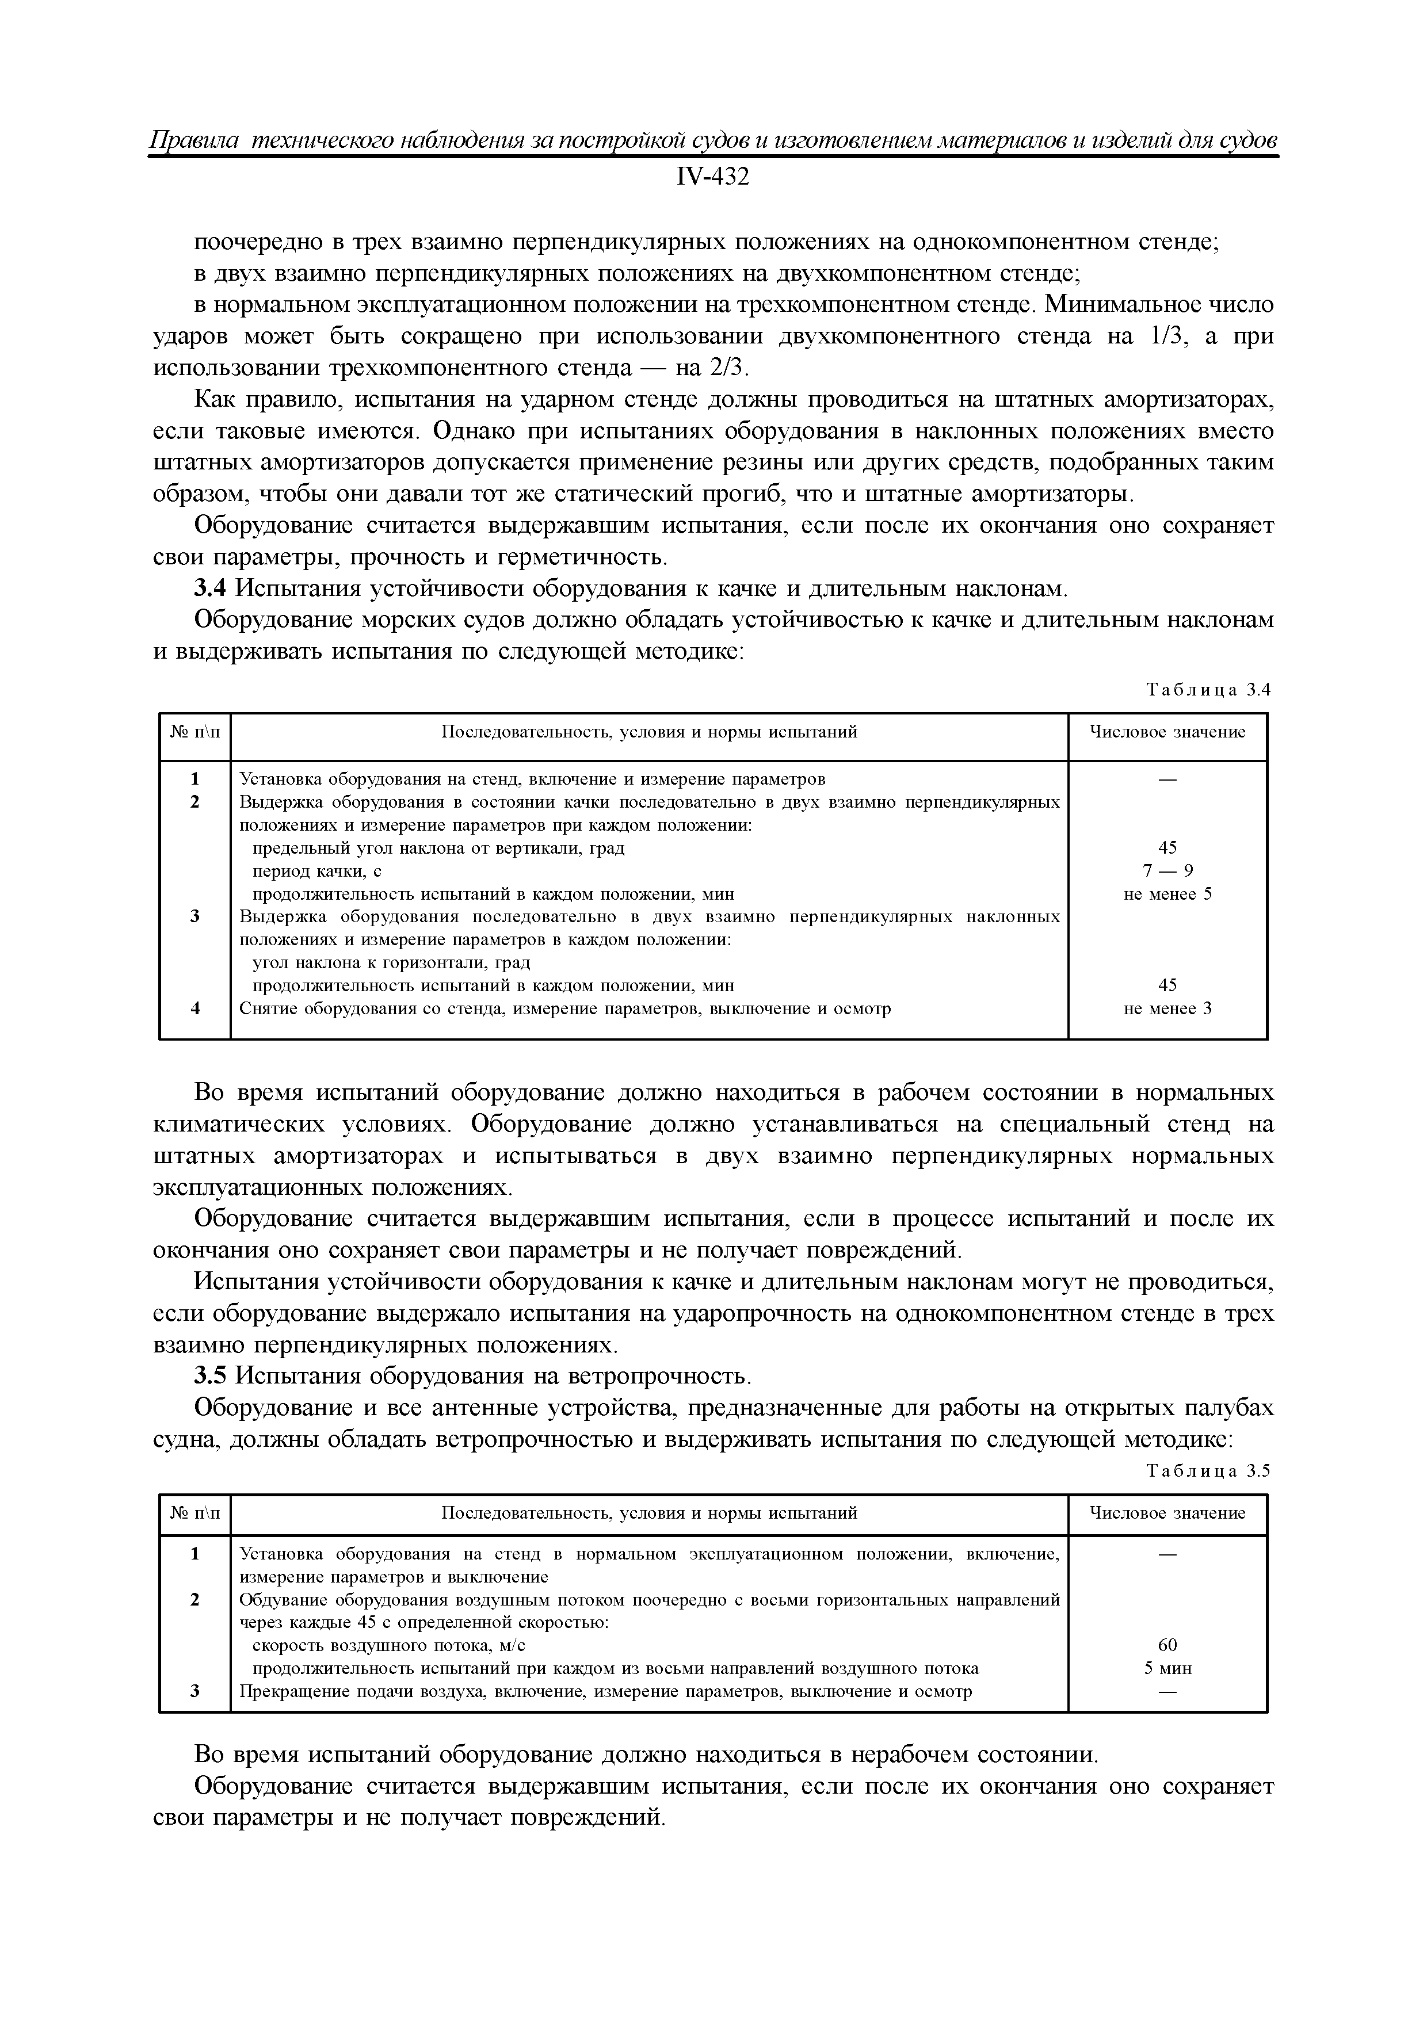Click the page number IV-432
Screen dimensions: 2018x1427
pyautogui.click(x=713, y=178)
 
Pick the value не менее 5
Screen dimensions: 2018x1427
pyautogui.click(x=1167, y=895)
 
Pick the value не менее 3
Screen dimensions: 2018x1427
pyautogui.click(x=1167, y=1009)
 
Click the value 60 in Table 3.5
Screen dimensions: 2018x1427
pyautogui.click(x=1167, y=1645)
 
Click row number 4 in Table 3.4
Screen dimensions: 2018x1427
pyautogui.click(x=195, y=1009)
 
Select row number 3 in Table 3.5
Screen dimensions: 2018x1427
pyautogui.click(x=195, y=1691)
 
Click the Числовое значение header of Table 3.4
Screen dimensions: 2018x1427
pyautogui.click(x=1167, y=732)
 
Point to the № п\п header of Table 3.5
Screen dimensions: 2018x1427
pyautogui.click(x=195, y=1513)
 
